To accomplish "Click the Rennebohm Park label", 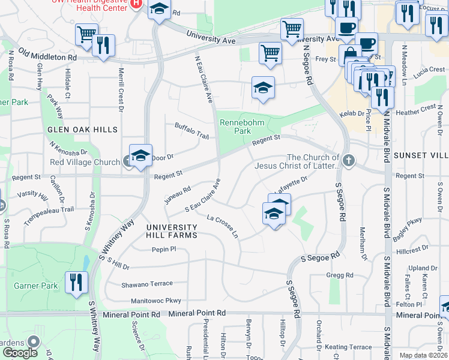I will (x=234, y=126).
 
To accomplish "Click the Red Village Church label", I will (x=85, y=162).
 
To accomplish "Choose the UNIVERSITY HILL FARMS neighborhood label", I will (x=171, y=231).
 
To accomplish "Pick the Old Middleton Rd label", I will (x=47, y=55).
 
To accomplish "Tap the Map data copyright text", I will (x=423, y=355).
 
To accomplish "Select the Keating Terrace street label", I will (x=348, y=347).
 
